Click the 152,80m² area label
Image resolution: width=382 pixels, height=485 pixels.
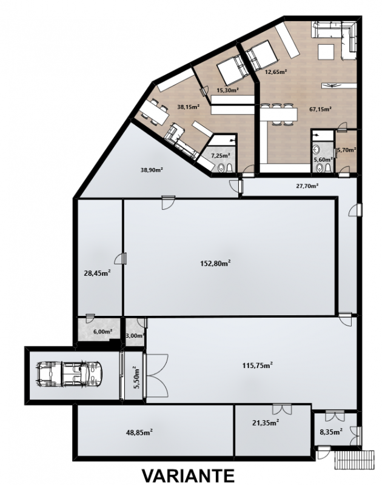tap(216, 263)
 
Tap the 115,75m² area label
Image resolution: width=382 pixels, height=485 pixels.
tap(257, 366)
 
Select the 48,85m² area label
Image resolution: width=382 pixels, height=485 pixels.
tap(139, 432)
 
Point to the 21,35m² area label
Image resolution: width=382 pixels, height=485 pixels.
tap(266, 422)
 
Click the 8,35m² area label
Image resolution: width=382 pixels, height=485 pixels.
tap(331, 432)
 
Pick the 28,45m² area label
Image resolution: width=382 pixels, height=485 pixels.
tap(98, 273)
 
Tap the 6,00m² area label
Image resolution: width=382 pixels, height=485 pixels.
tap(102, 332)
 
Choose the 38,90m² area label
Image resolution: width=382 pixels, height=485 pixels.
tap(152, 170)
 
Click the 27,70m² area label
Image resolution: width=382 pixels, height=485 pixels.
tap(307, 186)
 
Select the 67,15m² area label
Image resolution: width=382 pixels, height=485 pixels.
tap(321, 109)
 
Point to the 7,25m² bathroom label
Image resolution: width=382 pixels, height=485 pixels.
tap(221, 156)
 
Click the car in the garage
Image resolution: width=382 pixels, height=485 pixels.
tap(69, 373)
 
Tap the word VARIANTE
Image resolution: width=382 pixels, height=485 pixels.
tap(188, 476)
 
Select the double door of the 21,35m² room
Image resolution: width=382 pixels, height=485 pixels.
tap(282, 409)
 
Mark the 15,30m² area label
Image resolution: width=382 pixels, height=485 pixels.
tap(227, 90)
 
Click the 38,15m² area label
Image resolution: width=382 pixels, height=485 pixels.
tap(188, 107)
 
